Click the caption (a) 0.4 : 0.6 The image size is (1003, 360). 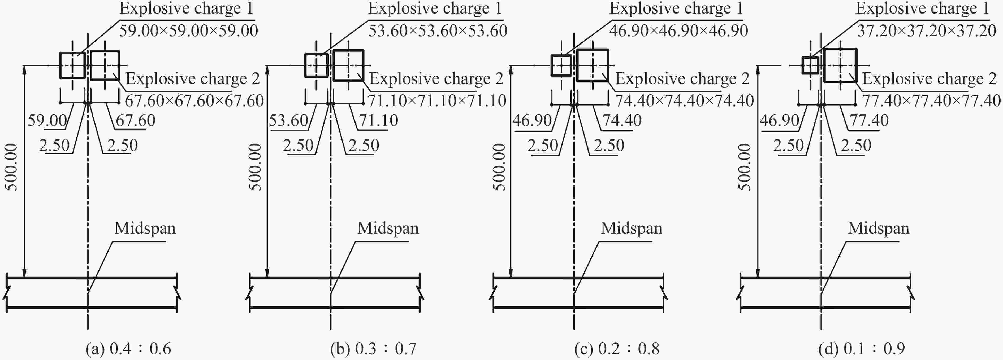click(x=128, y=348)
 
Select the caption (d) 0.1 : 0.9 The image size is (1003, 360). click(x=862, y=348)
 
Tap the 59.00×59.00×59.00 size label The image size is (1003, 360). click(x=188, y=31)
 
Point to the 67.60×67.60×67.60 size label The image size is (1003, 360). click(x=194, y=101)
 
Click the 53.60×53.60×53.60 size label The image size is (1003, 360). click(x=438, y=31)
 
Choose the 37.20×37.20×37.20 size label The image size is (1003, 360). click(x=927, y=31)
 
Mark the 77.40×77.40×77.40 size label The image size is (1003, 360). click(x=931, y=101)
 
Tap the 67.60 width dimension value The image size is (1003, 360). click(x=136, y=121)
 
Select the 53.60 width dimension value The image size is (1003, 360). click(x=288, y=121)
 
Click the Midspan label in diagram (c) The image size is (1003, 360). click(x=631, y=228)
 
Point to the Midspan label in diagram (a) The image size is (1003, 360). click(x=145, y=228)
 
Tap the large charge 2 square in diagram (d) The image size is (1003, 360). click(x=824, y=65)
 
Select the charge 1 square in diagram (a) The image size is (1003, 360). click(x=60, y=65)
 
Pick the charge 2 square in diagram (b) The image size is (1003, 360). click(x=334, y=65)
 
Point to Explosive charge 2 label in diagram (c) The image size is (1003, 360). click(x=682, y=79)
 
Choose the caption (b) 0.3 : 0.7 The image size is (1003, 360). click(x=373, y=348)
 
